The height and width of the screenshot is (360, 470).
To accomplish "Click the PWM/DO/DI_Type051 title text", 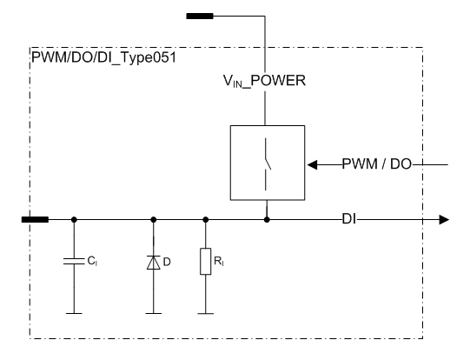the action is click(103, 58).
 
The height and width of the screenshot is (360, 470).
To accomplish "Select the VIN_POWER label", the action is click(264, 81).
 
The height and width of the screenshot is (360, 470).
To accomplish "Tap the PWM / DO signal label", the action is click(377, 164).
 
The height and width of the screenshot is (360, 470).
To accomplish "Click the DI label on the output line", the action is click(349, 220).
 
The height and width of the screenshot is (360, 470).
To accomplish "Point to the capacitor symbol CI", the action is click(74, 261).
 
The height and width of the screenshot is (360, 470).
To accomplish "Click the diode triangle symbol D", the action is click(154, 263).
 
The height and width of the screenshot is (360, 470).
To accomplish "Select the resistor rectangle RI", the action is click(206, 261).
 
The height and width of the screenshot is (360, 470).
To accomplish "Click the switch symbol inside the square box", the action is click(267, 164).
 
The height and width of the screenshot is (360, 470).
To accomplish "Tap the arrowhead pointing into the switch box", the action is click(313, 164).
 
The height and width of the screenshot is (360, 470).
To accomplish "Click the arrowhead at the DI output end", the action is click(444, 220).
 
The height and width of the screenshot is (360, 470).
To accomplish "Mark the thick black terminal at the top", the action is click(200, 17).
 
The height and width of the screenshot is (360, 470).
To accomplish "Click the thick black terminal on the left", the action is click(35, 220).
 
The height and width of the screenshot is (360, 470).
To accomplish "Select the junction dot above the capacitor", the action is click(74, 220).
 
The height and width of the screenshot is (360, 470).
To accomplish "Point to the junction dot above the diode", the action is click(154, 220).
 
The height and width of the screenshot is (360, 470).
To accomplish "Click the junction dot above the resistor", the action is click(206, 220).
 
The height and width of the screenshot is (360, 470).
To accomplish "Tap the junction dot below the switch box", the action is click(267, 220).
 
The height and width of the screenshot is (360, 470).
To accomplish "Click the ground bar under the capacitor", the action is click(74, 314).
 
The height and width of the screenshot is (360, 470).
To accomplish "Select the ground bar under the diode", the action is click(154, 314).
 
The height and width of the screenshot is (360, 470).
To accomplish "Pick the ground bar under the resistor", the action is click(206, 314).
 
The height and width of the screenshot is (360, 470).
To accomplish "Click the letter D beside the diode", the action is click(167, 263).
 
